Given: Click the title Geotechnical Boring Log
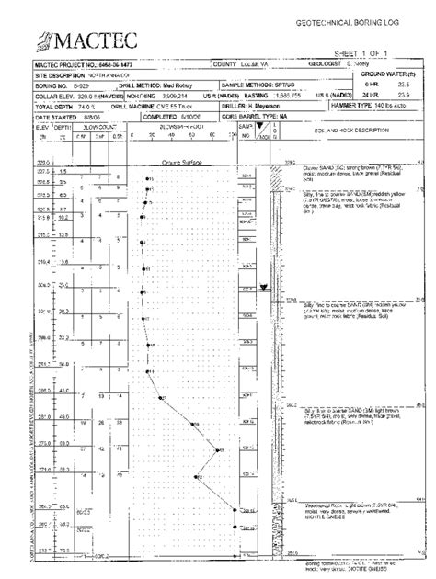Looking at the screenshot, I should pos(364,19).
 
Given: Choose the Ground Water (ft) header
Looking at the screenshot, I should pos(396,74).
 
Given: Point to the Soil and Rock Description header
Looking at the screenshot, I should pos(348,131).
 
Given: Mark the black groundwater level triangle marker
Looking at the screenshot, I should pos(264,288).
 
